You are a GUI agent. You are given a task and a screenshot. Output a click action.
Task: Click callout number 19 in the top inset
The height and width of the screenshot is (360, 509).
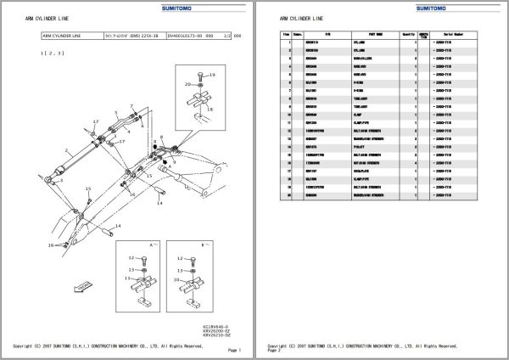tap(212, 76)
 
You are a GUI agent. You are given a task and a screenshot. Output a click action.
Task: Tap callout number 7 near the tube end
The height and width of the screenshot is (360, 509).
tap(96, 122)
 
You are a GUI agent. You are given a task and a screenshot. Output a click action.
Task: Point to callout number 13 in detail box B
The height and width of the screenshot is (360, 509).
tap(182, 278)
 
